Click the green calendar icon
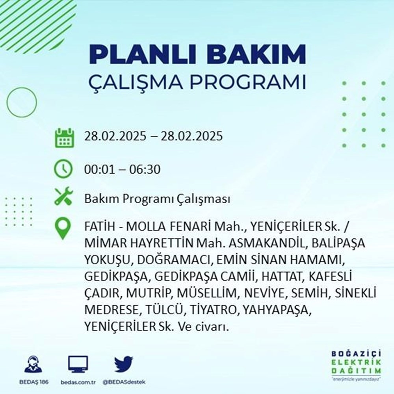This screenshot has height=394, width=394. (63, 137)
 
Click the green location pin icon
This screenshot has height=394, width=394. (63, 229)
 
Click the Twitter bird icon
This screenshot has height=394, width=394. (124, 364)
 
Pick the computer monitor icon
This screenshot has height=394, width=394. (78, 364)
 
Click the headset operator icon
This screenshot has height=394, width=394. (33, 365)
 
